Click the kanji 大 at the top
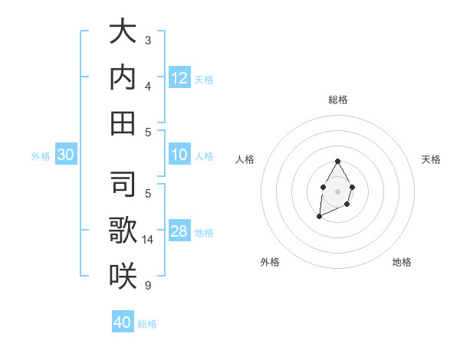[123, 33]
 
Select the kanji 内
[123, 78]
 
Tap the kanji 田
[123, 123]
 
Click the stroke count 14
[149, 240]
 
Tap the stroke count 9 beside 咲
[147, 286]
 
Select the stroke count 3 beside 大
[147, 40]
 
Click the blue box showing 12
[179, 78]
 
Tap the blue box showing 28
[179, 232]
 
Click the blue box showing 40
[123, 322]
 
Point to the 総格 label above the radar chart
[337, 100]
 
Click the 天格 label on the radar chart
[431, 159]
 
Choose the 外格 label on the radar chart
[270, 262]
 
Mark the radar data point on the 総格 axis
[337, 162]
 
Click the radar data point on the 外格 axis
[319, 218]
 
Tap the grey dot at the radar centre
[337, 190]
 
